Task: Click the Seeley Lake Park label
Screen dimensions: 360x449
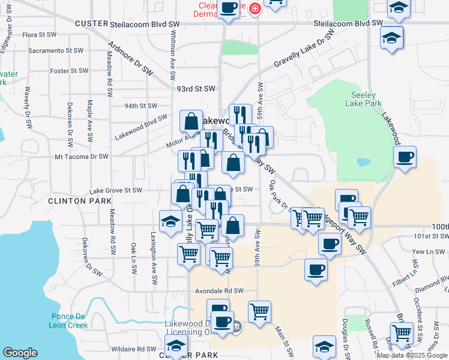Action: [x=364, y=99]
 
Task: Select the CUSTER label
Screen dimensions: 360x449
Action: [x=91, y=23]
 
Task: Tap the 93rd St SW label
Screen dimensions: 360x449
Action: [x=196, y=88]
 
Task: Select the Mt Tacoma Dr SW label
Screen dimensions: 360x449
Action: [x=81, y=156]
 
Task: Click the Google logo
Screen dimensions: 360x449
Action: [x=20, y=353]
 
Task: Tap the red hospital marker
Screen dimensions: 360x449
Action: [x=255, y=9]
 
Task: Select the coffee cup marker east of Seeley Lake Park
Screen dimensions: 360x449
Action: [x=405, y=157]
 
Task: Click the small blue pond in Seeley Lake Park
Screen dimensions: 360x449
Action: [x=363, y=162]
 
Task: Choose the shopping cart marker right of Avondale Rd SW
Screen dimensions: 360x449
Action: [x=259, y=311]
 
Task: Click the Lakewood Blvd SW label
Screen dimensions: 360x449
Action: [x=141, y=127]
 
